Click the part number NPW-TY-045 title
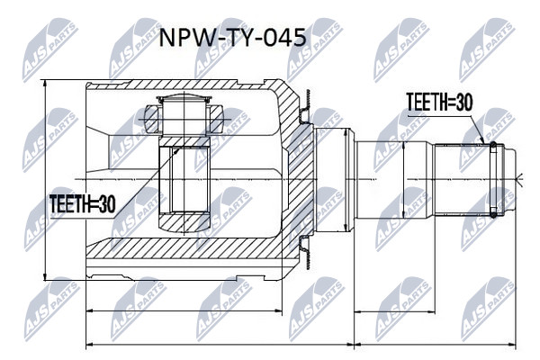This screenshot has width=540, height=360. (232, 37)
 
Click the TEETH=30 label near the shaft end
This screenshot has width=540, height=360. (440, 103)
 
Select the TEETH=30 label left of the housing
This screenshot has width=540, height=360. (82, 204)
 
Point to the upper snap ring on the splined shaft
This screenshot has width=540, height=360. (493, 148)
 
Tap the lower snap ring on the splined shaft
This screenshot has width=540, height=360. (493, 212)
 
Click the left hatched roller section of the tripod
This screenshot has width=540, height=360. (152, 119)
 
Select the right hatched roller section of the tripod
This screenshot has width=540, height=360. (216, 119)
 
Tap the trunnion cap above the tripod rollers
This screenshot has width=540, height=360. (184, 100)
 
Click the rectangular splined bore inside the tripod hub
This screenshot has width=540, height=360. (184, 179)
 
